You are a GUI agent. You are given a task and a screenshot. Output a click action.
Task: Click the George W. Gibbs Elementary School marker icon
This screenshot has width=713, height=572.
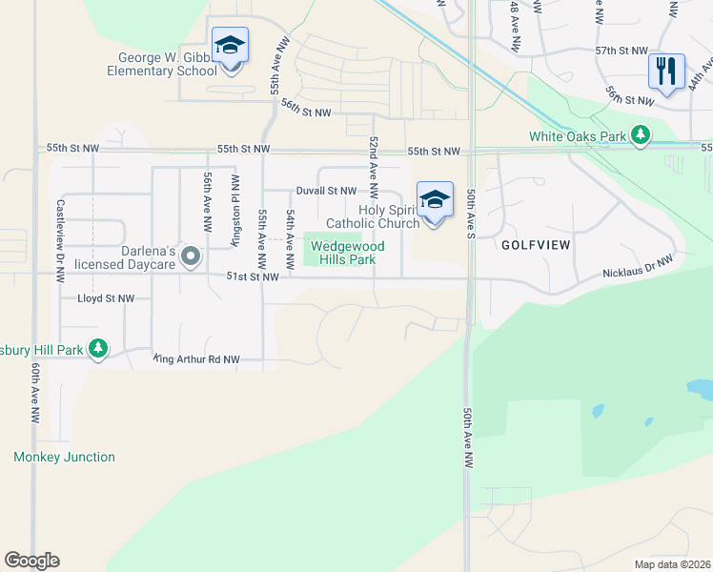pos(230,47)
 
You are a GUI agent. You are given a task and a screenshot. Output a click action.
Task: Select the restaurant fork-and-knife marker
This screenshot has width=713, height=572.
pos(666,70)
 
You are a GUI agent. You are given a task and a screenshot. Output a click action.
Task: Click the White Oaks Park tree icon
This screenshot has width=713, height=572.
pos(643,135)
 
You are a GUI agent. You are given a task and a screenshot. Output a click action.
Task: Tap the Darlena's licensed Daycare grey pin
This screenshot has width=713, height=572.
pos(191,255)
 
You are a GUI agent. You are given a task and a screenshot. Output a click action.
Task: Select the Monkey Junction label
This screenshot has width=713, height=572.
pos(64,457)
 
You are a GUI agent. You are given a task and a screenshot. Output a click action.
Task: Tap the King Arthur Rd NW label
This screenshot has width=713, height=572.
pos(196,359)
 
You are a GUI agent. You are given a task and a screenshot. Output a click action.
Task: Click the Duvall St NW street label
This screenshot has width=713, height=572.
pos(325,191)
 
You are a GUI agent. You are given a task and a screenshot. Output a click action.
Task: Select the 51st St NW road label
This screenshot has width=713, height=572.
pos(253,276)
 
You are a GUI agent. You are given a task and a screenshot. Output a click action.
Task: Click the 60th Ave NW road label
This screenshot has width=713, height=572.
pos(35,392)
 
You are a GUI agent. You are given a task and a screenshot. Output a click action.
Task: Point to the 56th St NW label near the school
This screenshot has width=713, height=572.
pos(306,111)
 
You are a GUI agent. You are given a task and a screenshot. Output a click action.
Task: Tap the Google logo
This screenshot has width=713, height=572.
pos(31,561)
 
